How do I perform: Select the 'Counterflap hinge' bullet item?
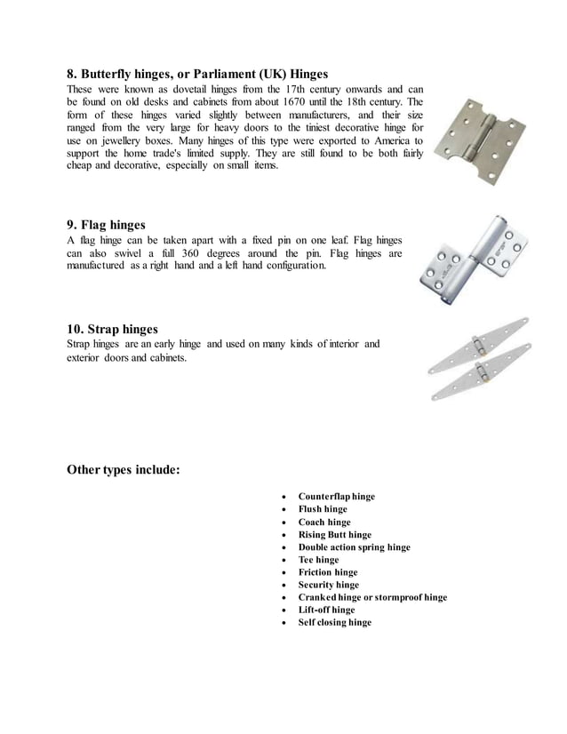337,497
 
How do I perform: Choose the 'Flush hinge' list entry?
323,509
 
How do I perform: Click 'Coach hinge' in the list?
324,523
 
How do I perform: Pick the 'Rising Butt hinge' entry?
335,535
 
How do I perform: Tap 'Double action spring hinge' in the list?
355,547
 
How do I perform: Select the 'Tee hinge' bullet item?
318,560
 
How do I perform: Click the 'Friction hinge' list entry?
328,573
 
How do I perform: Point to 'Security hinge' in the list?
329,586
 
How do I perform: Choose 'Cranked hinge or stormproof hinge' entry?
372,598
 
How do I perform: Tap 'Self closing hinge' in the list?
335,623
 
